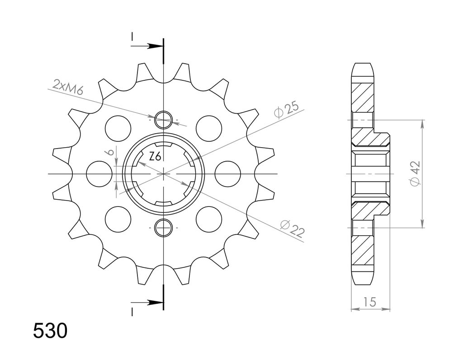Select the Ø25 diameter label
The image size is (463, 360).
pyautogui.click(x=286, y=110)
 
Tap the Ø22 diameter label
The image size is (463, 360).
pyautogui.click(x=292, y=229)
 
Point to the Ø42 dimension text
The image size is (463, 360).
pyautogui.click(x=415, y=174)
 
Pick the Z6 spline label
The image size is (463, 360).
pyautogui.click(x=155, y=157)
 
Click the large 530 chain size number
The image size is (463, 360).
pyautogui.click(x=50, y=331)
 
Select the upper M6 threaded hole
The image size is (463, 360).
pyautogui.click(x=163, y=120)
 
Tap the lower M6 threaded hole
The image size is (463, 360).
pyautogui.click(x=163, y=228)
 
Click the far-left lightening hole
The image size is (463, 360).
pyautogui.click(x=99, y=174)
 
